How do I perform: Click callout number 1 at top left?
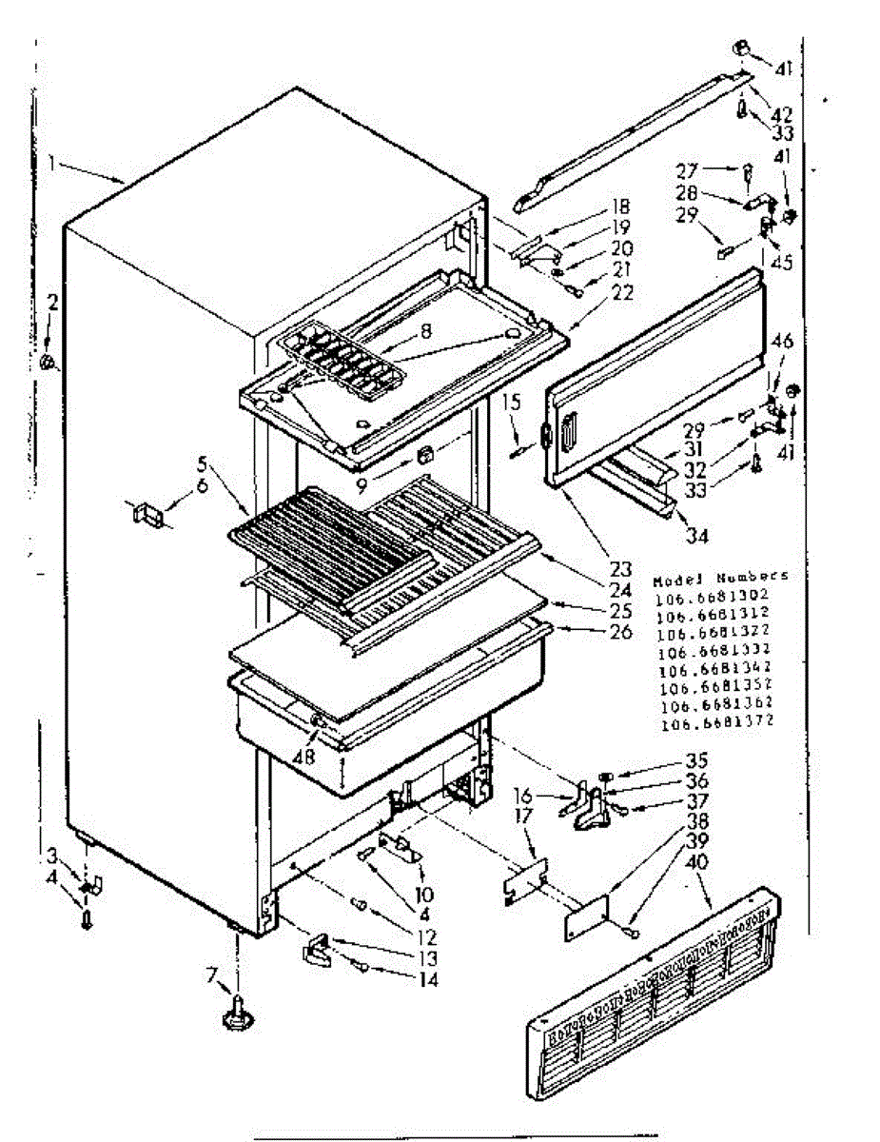pos(54,163)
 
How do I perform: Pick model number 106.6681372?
pos(714,722)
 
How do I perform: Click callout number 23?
pos(621,570)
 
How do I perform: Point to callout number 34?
pos(698,536)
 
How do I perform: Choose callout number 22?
pos(622,293)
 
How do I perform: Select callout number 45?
pos(782,264)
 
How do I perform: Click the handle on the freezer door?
pos(568,437)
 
